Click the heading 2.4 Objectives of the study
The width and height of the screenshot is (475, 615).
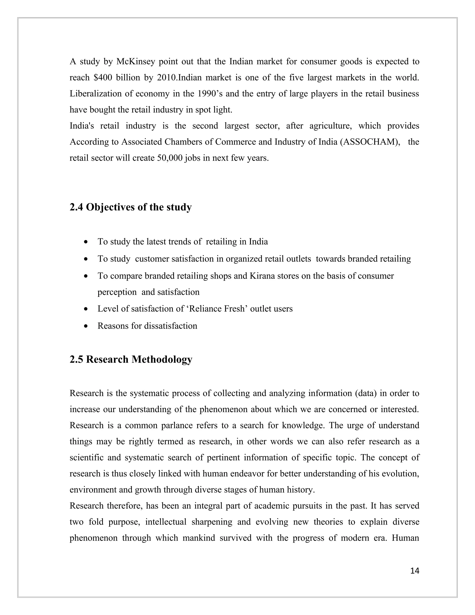coord(131,207)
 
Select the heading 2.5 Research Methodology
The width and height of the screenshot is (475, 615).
coord(131,359)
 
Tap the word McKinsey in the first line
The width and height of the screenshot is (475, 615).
coord(136,61)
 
